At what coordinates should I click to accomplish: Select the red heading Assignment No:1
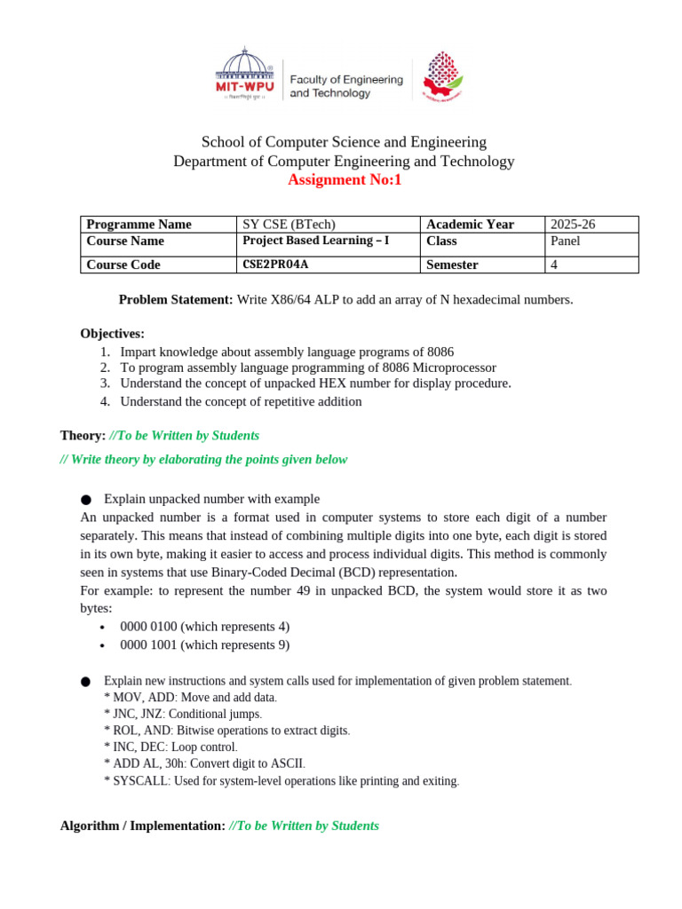344,180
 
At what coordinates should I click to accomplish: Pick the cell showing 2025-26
573,225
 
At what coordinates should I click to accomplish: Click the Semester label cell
452,265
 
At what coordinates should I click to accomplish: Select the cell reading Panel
566,241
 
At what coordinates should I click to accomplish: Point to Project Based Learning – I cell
315,241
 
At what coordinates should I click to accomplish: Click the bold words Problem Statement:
176,300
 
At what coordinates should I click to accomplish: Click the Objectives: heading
112,334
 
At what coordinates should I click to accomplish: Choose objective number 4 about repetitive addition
240,401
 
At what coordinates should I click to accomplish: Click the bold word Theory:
83,435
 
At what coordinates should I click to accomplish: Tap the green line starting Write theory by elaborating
204,459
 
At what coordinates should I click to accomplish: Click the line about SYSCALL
282,781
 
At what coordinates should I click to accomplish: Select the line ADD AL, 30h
204,763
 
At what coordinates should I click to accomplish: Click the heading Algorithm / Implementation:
142,826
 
